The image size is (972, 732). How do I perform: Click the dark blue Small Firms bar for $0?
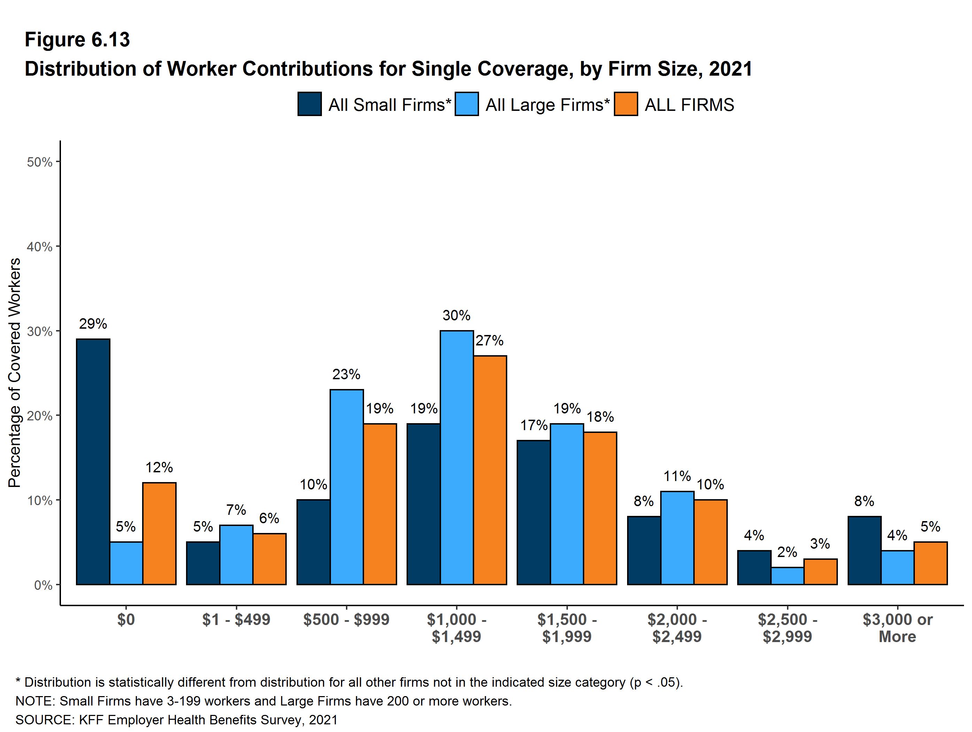click(93, 462)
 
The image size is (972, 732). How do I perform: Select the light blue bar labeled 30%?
click(456, 457)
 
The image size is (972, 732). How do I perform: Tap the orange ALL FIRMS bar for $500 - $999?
click(380, 504)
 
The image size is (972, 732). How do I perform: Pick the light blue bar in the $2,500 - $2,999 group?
click(787, 576)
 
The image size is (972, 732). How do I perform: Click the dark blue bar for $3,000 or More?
click(864, 550)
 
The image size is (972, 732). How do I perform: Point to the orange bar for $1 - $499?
click(269, 559)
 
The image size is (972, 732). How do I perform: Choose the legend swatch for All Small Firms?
click(309, 104)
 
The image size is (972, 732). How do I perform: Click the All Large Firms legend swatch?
click(467, 104)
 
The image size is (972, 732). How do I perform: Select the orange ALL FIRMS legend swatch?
click(626, 104)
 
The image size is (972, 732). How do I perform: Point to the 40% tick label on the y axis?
click(40, 247)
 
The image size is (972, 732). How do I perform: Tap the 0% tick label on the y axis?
click(43, 585)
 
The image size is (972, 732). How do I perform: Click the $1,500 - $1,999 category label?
click(567, 628)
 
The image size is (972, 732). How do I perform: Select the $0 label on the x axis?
click(126, 619)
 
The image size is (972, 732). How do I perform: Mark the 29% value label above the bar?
click(93, 324)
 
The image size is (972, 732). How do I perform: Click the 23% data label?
click(346, 375)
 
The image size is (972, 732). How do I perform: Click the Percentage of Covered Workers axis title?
click(15, 373)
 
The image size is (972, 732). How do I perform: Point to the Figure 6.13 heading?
click(77, 40)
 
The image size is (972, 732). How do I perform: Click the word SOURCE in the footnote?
click(44, 720)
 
